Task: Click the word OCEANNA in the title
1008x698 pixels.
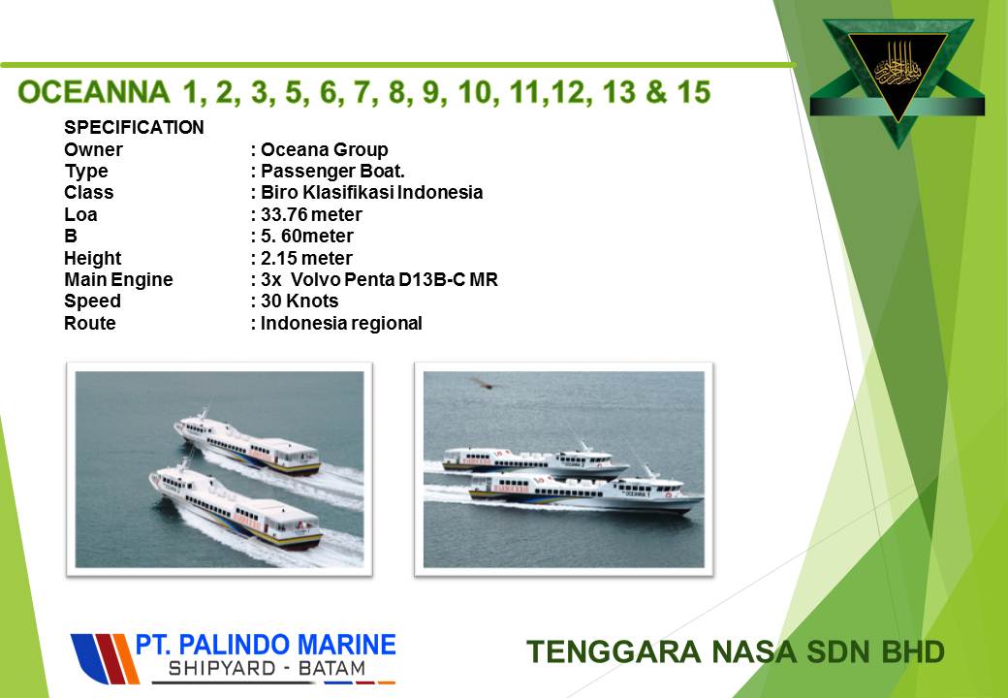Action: (94, 92)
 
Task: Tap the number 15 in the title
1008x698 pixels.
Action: (694, 92)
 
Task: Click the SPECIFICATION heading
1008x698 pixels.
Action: (134, 127)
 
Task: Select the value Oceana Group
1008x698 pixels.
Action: (324, 149)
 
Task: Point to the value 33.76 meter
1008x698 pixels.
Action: (311, 214)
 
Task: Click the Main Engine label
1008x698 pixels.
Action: (118, 279)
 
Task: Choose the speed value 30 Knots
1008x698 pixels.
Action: (299, 301)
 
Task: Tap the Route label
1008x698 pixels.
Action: (89, 323)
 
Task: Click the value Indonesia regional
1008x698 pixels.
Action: (341, 323)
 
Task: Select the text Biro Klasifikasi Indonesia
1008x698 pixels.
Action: (371, 192)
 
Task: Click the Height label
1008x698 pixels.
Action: (93, 258)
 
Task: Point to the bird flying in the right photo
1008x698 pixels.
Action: (485, 384)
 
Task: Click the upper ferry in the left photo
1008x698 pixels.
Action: (247, 444)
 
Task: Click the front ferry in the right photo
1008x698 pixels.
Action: (585, 492)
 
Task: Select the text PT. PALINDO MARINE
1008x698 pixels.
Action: (266, 644)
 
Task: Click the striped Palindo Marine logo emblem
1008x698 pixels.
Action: (104, 659)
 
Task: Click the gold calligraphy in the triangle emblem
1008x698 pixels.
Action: (898, 67)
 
